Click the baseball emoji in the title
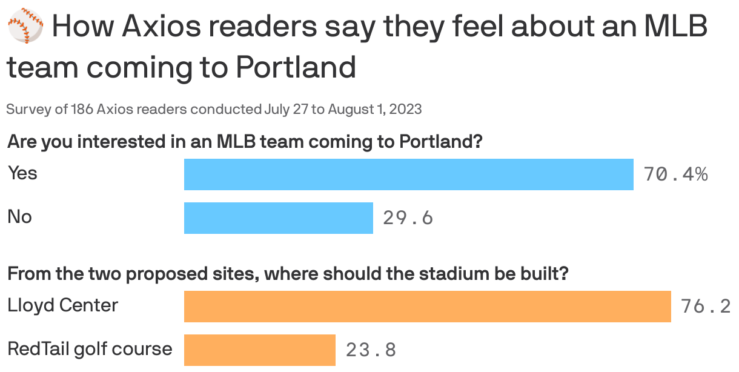point(25,28)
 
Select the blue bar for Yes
point(408,174)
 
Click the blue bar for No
point(278,218)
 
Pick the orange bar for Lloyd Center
point(427,306)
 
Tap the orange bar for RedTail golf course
point(259,350)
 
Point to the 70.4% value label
point(675,175)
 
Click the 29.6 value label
point(408,218)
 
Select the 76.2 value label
point(706,307)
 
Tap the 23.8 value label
point(371,350)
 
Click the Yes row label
point(22,173)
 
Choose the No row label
point(19,217)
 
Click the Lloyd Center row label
point(62,305)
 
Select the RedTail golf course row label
point(90,350)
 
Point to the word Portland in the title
point(295,67)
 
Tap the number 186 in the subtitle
point(82,110)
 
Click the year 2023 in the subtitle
point(406,110)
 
